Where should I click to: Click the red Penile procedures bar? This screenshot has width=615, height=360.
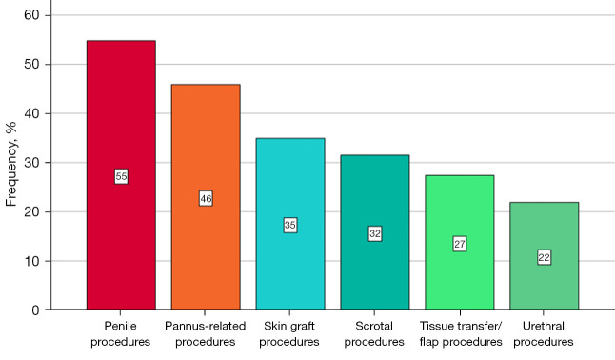121,175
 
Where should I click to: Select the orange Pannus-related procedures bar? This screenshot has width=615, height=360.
206,197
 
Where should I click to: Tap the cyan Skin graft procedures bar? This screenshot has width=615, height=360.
290,224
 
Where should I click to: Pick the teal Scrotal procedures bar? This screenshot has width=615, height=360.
375,232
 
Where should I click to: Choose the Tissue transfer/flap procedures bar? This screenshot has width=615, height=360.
460,243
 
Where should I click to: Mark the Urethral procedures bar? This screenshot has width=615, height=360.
544,256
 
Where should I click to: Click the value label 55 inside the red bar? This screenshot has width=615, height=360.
121,176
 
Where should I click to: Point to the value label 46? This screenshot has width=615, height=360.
206,199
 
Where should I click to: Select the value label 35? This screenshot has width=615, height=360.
290,225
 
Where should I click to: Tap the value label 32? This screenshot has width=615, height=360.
375,234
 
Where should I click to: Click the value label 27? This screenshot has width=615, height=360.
460,244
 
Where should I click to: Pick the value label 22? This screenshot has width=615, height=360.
544,257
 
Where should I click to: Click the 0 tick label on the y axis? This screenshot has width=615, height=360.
35,310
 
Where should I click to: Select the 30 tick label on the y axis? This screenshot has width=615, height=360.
31,163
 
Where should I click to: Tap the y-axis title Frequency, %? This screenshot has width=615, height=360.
11,164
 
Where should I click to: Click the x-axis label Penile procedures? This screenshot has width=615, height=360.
120,333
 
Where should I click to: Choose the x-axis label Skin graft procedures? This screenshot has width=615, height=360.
289,333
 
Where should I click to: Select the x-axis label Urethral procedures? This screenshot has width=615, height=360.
544,333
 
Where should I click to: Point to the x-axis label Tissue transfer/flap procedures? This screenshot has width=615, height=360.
461,333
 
